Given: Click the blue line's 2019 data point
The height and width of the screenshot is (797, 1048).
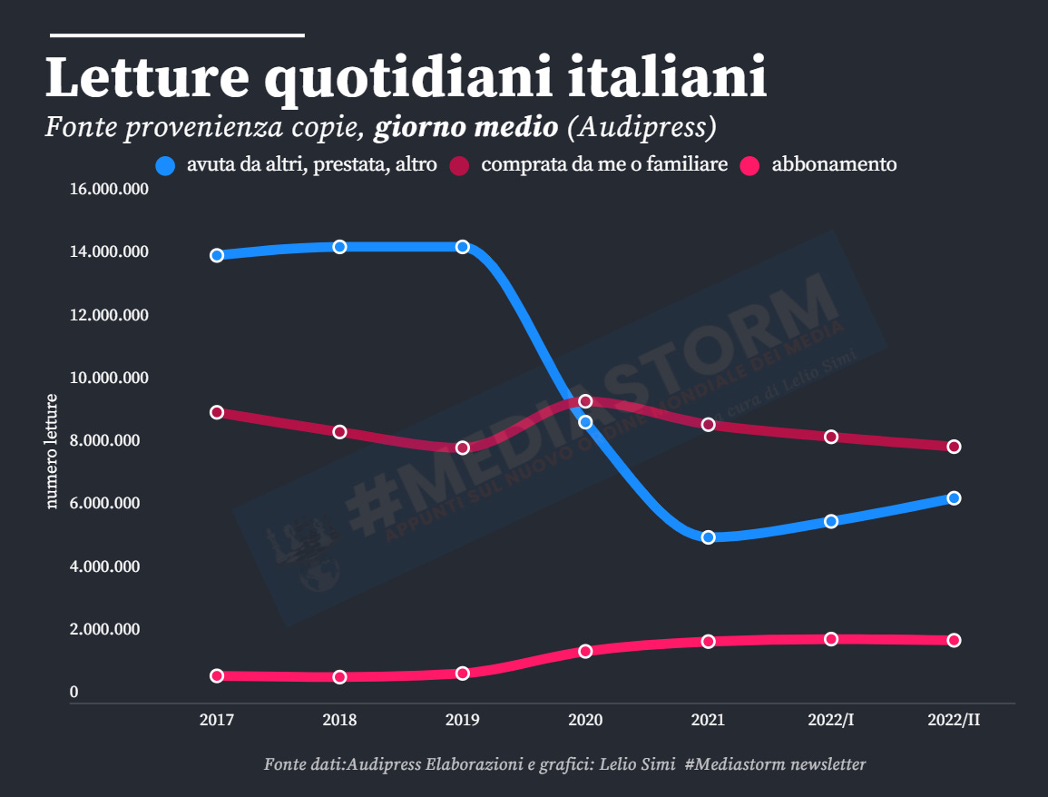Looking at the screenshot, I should point(463,247).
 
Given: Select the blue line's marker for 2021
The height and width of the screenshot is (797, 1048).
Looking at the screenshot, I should point(709,537).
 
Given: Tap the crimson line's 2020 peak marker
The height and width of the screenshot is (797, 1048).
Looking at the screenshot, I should point(585,401).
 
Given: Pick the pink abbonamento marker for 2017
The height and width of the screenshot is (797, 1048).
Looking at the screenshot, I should point(217,675).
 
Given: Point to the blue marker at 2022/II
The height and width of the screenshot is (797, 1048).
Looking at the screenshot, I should point(954,498).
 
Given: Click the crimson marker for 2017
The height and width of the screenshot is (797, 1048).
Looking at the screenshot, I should point(217,412).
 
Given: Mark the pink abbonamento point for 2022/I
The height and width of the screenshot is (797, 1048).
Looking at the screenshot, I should point(831,639).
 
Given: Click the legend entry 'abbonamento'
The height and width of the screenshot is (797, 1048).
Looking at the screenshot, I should point(834,164).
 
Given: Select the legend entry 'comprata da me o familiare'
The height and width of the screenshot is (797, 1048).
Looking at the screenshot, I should point(604,164).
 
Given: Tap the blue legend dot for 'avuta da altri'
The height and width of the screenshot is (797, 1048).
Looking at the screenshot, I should point(166,165).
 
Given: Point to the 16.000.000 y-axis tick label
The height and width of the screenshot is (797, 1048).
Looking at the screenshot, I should point(109,190).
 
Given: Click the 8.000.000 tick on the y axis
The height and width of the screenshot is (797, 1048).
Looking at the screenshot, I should point(109,441).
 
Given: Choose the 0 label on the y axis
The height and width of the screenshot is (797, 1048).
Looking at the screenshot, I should point(74,693).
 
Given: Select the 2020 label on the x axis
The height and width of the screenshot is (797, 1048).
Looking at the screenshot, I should point(585,720).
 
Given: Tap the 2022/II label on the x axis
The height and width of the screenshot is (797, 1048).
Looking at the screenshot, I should point(954,720).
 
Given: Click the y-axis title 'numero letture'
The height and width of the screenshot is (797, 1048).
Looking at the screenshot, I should point(52,451).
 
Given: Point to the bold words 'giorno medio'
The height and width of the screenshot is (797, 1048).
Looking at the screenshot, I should point(466,126).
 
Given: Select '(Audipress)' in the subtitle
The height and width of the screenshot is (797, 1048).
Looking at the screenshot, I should point(642,126).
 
